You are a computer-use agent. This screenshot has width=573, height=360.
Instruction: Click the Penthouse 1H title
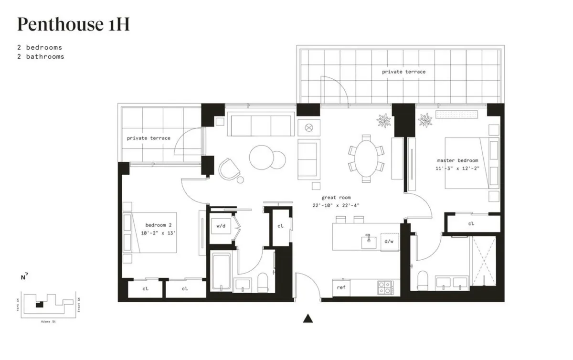point(73,24)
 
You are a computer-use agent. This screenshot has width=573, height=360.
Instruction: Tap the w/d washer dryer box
point(221,226)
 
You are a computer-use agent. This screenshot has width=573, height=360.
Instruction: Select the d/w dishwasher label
point(389,242)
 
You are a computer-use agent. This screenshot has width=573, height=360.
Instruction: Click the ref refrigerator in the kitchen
point(341,287)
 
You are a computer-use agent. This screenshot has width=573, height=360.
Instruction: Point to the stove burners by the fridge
point(385,287)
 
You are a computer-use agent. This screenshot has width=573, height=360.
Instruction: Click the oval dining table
point(366,159)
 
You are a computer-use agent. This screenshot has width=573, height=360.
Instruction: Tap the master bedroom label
point(457,160)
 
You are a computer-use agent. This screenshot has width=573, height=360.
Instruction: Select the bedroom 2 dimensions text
point(158,233)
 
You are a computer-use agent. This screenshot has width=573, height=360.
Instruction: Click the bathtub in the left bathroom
point(221,271)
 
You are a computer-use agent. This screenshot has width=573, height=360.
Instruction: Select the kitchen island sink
point(368,241)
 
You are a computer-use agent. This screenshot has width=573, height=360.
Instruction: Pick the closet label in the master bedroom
point(471,223)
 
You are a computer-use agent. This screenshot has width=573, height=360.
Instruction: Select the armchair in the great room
point(230,169)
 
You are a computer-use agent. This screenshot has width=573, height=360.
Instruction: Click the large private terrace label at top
point(403,72)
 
